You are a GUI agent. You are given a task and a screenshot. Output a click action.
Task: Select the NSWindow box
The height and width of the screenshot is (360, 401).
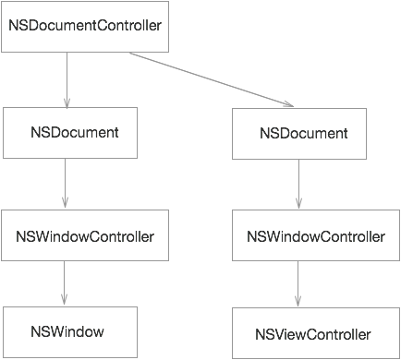[69, 332]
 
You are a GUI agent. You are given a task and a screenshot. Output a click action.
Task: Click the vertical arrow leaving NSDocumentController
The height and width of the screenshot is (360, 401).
[67, 78]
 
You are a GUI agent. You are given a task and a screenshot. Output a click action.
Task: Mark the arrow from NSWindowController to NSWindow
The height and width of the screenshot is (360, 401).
[65, 282]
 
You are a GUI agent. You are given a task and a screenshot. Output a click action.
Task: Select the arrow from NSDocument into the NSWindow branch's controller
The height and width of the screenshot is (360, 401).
[65, 183]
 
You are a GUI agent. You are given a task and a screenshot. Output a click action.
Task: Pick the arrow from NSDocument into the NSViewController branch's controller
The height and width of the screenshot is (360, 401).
[298, 185]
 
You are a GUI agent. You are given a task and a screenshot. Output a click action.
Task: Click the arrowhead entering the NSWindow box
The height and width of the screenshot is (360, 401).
[65, 300]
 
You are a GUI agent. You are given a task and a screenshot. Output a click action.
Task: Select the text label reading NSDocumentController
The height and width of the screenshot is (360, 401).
[86, 24]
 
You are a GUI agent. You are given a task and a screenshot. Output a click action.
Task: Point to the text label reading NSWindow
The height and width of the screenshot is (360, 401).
[67, 331]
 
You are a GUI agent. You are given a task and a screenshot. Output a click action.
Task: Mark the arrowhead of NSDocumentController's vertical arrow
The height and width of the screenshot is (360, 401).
[67, 102]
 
